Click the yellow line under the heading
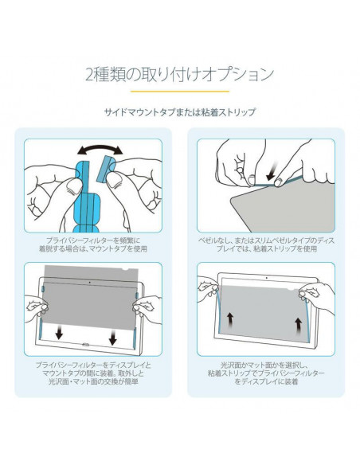(x=180, y=92)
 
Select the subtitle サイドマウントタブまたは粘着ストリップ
(x=180, y=112)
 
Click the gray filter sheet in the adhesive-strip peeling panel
(x=282, y=205)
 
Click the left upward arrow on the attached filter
(x=230, y=320)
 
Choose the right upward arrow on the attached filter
(x=299, y=324)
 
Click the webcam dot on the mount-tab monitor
(x=90, y=283)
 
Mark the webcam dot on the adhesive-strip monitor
(x=267, y=278)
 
